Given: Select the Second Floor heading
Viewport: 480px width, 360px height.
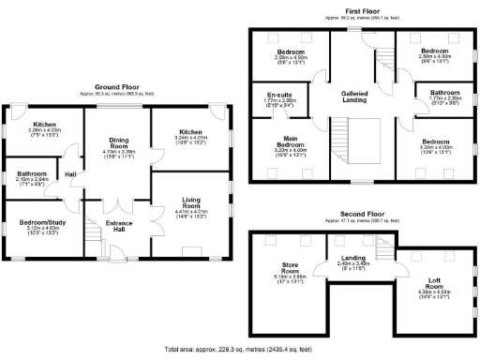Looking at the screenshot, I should coord(361,215).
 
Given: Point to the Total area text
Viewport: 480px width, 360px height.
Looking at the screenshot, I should coord(240,349).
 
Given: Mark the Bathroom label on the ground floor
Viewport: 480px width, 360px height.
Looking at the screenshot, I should coord(32,174).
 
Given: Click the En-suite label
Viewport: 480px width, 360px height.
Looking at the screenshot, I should coord(280,97).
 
